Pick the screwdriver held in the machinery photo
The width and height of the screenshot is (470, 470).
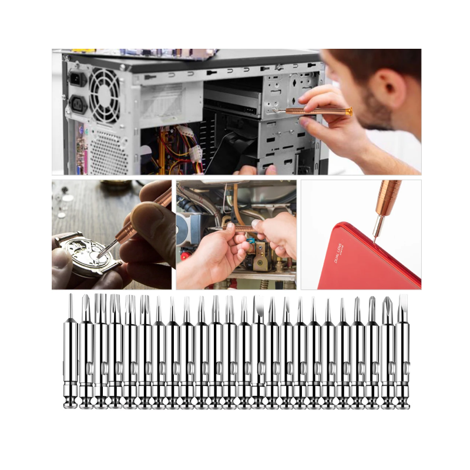point(235,227)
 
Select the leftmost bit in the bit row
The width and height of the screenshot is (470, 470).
point(70,352)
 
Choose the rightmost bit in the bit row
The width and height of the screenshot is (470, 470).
point(402,352)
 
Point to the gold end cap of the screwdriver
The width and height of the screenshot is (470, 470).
point(348,111)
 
